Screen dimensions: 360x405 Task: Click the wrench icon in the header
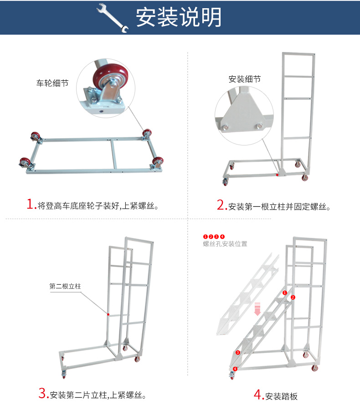click(x=113, y=18)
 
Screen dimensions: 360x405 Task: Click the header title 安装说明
click(x=179, y=17)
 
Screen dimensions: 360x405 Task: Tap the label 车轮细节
click(x=52, y=83)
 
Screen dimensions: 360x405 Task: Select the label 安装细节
click(x=245, y=79)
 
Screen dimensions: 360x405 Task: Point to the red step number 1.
click(x=31, y=204)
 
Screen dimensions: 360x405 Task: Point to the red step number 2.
click(x=221, y=205)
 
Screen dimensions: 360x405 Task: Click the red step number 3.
click(x=43, y=393)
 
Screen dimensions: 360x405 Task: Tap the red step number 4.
click(x=258, y=395)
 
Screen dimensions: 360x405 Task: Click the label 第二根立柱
click(x=65, y=286)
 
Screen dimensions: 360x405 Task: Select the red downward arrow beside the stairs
click(x=257, y=309)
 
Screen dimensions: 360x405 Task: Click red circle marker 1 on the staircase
click(x=285, y=293)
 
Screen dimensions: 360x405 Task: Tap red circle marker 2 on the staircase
click(x=293, y=297)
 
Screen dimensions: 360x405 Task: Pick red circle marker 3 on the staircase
click(x=238, y=353)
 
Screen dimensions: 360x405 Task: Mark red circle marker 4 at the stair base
click(x=235, y=369)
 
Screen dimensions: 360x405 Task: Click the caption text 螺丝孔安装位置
click(x=225, y=244)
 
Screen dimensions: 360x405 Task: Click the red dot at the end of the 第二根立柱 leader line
click(x=108, y=314)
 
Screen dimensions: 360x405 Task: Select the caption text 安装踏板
click(x=281, y=396)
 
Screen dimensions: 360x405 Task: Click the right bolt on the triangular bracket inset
click(x=259, y=126)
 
